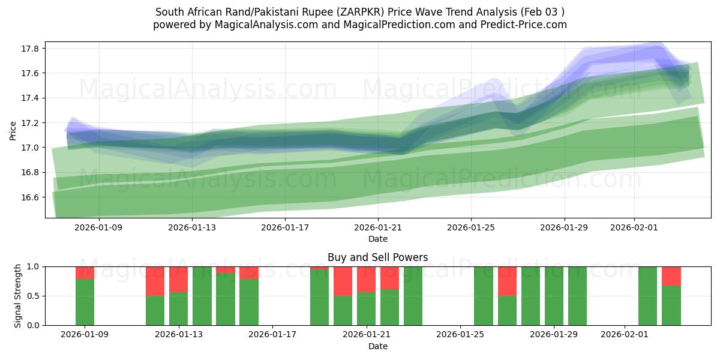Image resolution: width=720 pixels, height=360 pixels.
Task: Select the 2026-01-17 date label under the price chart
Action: point(286,227)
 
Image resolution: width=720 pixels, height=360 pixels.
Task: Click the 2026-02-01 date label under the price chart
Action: point(635,227)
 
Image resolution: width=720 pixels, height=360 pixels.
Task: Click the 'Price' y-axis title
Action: point(13,130)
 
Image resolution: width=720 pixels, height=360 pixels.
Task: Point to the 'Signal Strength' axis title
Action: point(18,296)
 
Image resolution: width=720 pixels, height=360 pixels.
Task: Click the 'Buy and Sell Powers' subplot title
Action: point(378,257)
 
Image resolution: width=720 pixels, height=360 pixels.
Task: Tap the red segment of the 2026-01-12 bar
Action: point(155,281)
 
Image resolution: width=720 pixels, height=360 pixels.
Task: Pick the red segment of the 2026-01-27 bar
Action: point(508,281)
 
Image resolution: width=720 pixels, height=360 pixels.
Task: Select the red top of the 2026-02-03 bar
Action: point(671,275)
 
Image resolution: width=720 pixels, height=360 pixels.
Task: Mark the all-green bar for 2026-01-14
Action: point(202,296)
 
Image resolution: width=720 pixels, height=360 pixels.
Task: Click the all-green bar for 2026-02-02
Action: point(648,296)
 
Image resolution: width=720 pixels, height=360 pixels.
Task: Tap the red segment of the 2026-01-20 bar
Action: point(343,281)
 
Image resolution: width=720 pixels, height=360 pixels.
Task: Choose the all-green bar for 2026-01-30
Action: point(578,296)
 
